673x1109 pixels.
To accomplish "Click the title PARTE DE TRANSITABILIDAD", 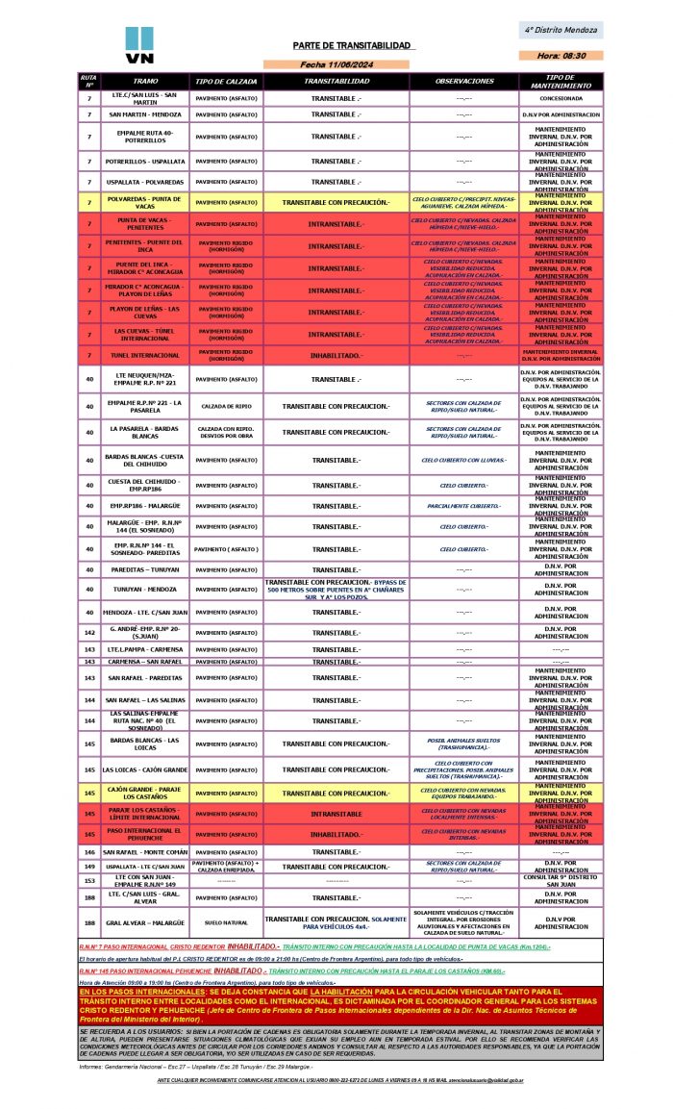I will tap(352, 46).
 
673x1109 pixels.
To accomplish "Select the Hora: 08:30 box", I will tap(561, 56).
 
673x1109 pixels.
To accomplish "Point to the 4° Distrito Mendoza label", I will tap(561, 30).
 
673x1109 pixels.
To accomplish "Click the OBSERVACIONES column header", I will tap(463, 81).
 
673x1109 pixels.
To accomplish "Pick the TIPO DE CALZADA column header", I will tap(226, 81).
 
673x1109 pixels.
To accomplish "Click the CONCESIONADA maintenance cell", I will tap(561, 98).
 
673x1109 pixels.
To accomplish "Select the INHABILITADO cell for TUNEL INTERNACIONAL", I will tap(336, 355).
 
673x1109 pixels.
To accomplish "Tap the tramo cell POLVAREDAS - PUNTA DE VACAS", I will tap(144, 202).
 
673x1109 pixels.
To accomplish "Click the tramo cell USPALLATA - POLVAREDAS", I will tap(144, 182).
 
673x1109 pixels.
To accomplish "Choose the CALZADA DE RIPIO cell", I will tap(226, 406).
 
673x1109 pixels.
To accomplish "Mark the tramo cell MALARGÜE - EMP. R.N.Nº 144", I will tap(144, 526).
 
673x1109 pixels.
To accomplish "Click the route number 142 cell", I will tap(89, 633).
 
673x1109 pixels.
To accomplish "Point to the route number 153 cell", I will tap(89, 880).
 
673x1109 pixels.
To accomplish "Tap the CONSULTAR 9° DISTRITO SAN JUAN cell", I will tap(561, 880).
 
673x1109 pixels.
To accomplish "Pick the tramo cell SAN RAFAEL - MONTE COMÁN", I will tap(144, 852).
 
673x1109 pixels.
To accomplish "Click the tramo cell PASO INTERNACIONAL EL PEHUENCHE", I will tap(144, 833).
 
